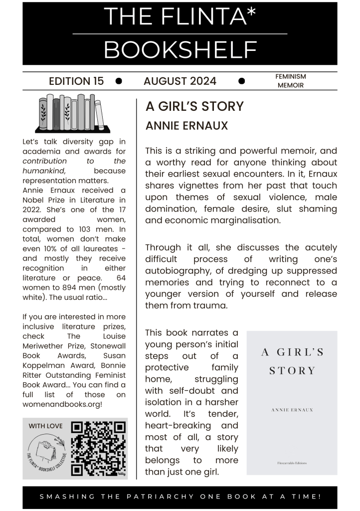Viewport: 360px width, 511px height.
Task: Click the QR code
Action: [98, 448]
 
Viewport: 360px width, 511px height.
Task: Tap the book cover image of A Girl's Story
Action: [292, 402]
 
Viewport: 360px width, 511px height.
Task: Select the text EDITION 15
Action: [76, 81]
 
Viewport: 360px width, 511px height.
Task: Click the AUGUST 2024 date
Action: [180, 81]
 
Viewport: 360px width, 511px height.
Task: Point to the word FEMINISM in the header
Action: [290, 76]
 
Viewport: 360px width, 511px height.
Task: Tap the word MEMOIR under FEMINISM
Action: [291, 85]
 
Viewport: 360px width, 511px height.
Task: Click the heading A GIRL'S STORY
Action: [194, 106]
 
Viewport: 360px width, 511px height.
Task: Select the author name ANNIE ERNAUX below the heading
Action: [186, 126]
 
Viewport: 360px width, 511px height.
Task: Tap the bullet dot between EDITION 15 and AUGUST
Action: [119, 81]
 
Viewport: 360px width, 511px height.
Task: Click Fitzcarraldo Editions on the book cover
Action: [292, 463]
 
